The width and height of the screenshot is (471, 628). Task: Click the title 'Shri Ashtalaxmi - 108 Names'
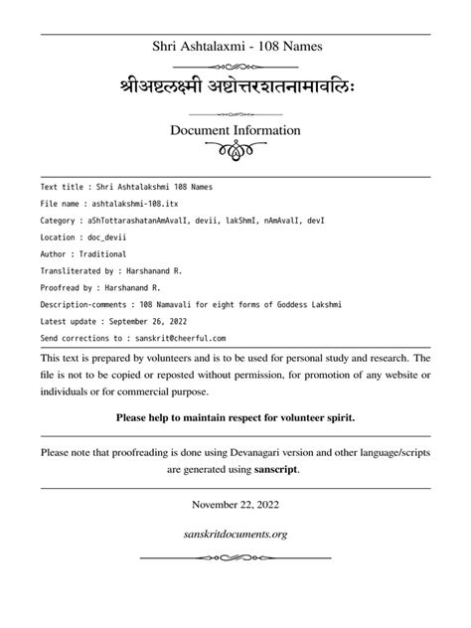(235, 46)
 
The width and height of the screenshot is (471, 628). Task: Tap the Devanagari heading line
(235, 83)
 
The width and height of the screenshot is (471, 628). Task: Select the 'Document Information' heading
(235, 130)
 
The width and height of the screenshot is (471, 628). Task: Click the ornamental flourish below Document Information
(235, 153)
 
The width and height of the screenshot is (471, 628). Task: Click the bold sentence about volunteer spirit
(235, 417)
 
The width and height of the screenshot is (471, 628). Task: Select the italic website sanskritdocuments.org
(235, 534)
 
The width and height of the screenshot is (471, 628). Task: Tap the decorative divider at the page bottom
(235, 558)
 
